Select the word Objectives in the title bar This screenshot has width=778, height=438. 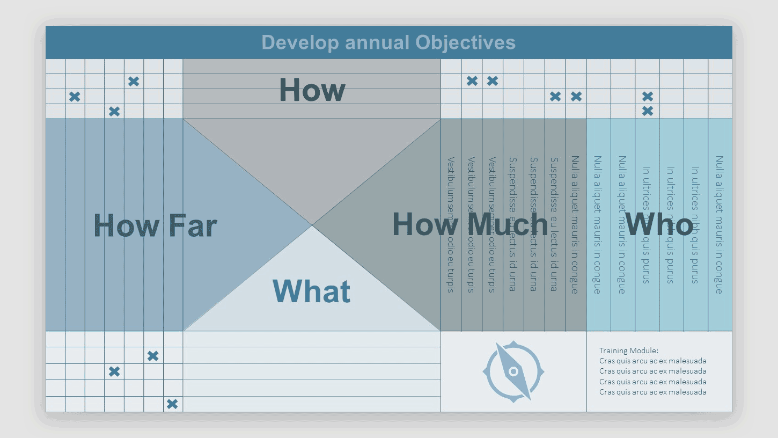click(465, 42)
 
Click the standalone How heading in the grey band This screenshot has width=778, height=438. click(312, 90)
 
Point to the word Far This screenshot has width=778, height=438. click(193, 225)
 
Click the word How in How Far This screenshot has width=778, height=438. click(127, 225)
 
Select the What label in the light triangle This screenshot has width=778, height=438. click(311, 291)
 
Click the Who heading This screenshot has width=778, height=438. click(659, 224)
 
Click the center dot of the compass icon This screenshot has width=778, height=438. click(513, 371)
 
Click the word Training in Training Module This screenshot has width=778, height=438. click(614, 351)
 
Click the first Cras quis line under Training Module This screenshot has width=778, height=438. click(652, 361)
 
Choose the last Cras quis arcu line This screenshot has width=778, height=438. click(652, 392)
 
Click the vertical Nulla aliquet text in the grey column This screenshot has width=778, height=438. click(575, 224)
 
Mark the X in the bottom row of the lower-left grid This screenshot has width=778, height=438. click(172, 404)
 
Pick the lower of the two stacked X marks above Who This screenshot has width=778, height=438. click(648, 111)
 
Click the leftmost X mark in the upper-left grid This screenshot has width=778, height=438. click(75, 97)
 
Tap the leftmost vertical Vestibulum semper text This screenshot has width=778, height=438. click(451, 224)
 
